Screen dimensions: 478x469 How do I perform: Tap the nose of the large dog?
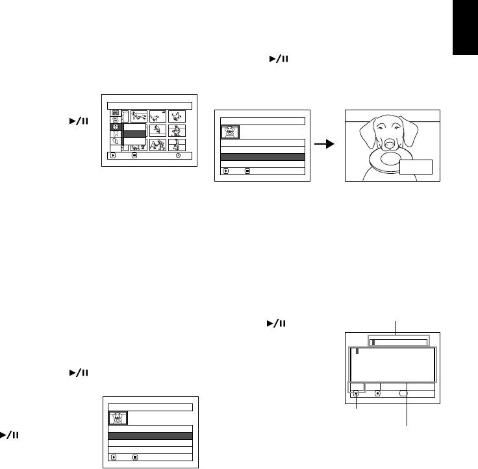(391, 143)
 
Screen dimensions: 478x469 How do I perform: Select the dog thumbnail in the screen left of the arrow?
(230, 132)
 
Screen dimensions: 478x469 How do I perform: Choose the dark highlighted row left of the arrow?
(263, 157)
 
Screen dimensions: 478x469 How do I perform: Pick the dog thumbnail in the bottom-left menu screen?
(118, 418)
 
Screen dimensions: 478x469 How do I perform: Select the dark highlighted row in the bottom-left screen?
(151, 437)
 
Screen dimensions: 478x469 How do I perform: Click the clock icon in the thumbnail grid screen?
(178, 156)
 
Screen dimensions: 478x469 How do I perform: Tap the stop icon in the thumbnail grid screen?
(134, 156)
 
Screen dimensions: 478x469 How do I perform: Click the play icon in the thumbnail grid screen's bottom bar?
(113, 156)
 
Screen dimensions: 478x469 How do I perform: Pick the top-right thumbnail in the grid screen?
(177, 116)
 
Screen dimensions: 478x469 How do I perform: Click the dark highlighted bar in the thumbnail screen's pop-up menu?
(134, 135)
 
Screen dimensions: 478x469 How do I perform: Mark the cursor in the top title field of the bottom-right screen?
(373, 342)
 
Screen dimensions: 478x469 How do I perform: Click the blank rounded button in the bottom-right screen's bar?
(403, 393)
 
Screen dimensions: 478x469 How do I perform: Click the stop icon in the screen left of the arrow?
(247, 172)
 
